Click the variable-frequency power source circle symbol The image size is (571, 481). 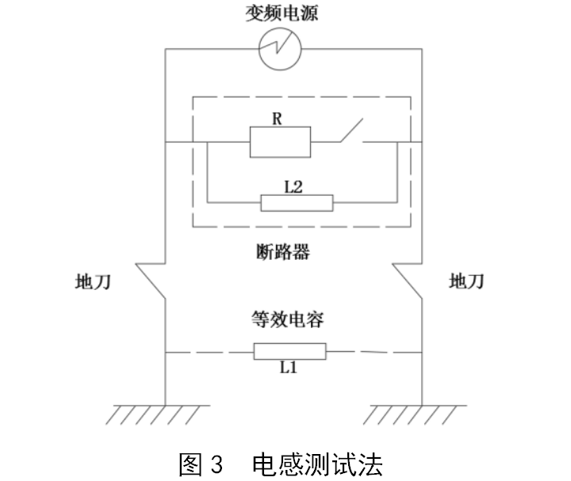283,49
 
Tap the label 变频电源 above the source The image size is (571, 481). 282,13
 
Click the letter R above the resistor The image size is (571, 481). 277,118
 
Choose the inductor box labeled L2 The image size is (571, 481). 297,203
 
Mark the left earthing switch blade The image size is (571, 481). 150,281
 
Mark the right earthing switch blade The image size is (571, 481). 408,281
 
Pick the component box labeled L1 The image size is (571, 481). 289,351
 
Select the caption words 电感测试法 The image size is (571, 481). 316,462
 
